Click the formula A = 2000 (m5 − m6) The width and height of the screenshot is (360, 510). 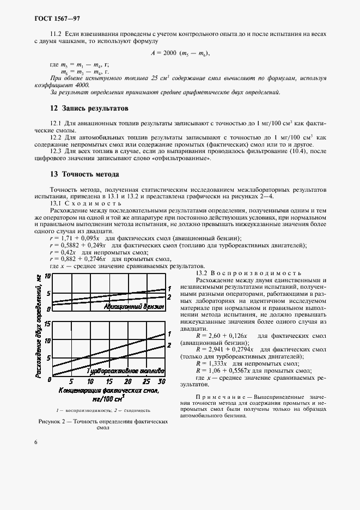[180, 53]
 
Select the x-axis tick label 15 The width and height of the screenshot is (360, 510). [108, 381]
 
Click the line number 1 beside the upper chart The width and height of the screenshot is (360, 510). [169, 288]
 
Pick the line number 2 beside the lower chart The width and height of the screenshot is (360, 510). [169, 345]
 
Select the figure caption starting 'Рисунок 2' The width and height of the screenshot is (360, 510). [102, 424]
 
